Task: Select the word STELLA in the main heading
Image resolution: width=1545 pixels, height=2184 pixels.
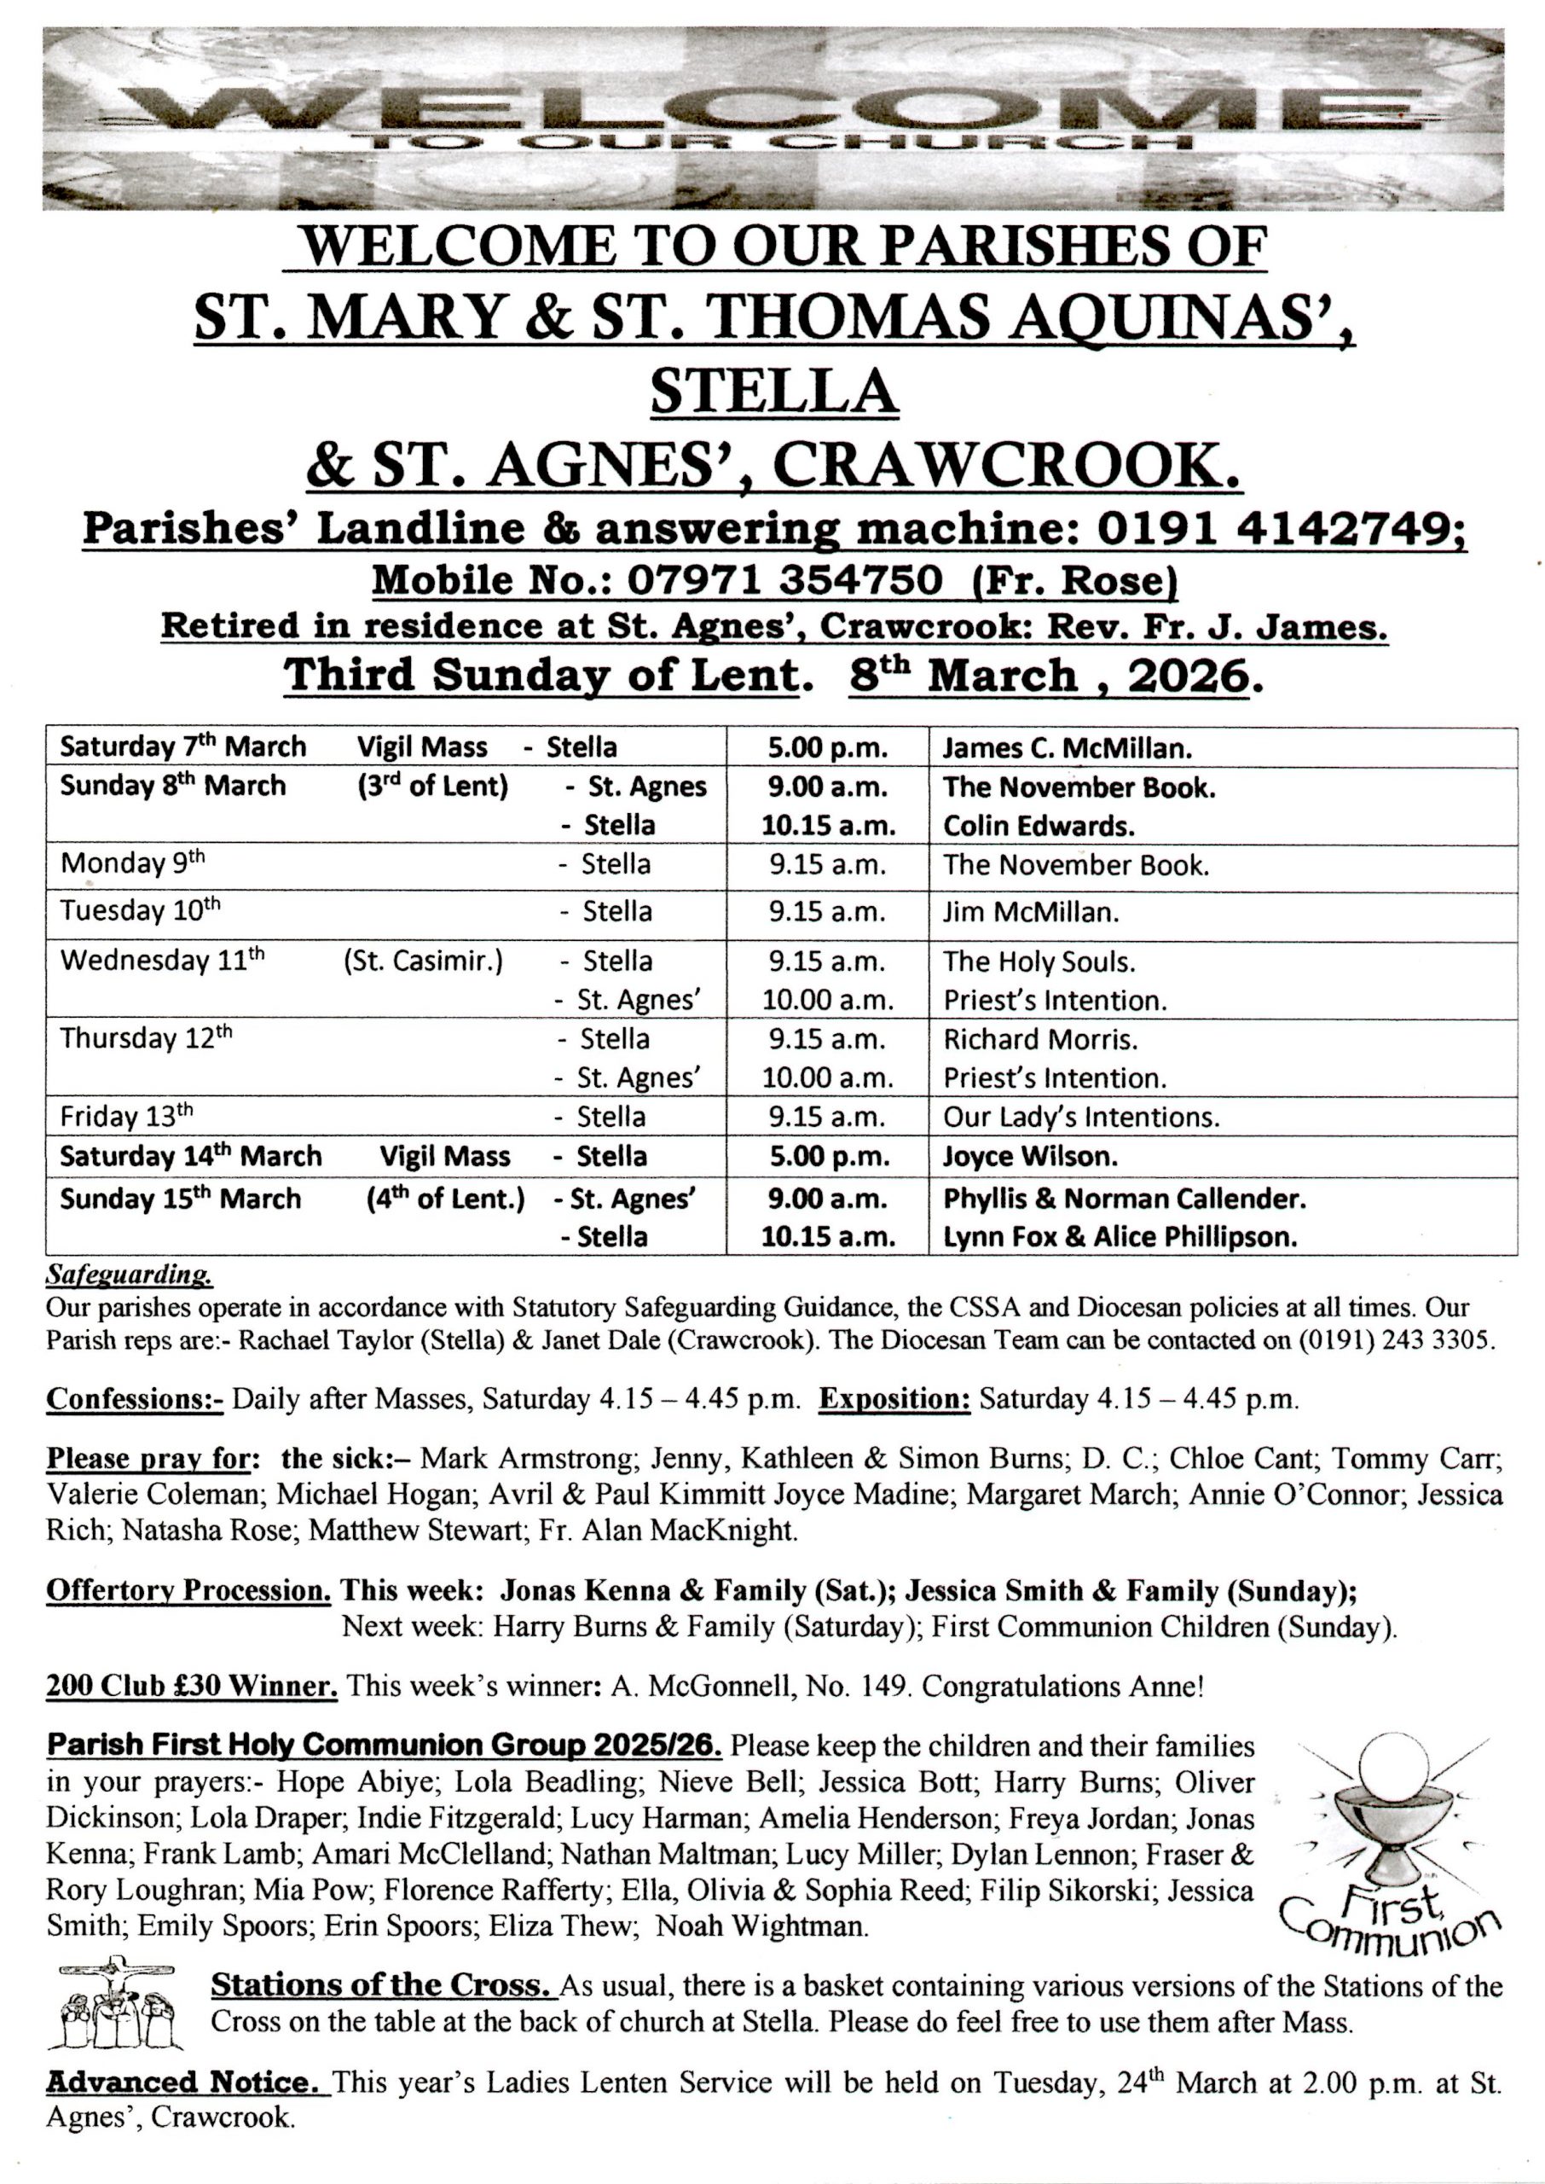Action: point(773,391)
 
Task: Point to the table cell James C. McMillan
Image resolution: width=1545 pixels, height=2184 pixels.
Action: point(1067,748)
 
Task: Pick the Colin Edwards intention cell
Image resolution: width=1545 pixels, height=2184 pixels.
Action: point(1038,825)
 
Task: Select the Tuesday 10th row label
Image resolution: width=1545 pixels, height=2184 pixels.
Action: point(140,911)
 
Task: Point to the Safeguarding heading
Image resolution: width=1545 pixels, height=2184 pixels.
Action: point(130,1273)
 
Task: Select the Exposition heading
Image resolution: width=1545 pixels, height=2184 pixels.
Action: point(894,1399)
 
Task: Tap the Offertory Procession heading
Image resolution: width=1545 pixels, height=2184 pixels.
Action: point(188,1591)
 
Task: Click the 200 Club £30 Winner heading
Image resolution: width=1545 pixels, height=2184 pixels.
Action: point(191,1687)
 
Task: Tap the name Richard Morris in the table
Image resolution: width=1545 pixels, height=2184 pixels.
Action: point(1040,1039)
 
